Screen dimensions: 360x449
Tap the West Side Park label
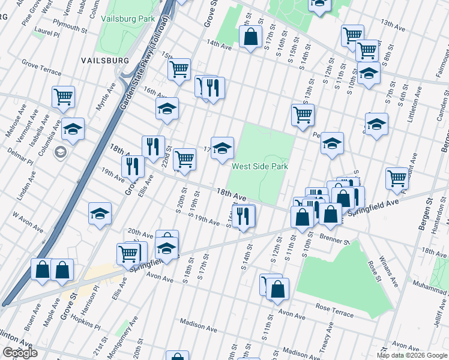(260, 166)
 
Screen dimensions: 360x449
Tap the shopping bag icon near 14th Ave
(250, 37)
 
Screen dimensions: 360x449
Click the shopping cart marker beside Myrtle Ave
(63, 97)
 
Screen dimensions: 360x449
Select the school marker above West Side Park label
(222, 147)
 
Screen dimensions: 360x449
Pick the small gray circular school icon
(60, 152)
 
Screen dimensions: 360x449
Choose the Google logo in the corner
(20, 353)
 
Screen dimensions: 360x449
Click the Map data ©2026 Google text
(411, 355)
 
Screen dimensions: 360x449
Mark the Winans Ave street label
(391, 272)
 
